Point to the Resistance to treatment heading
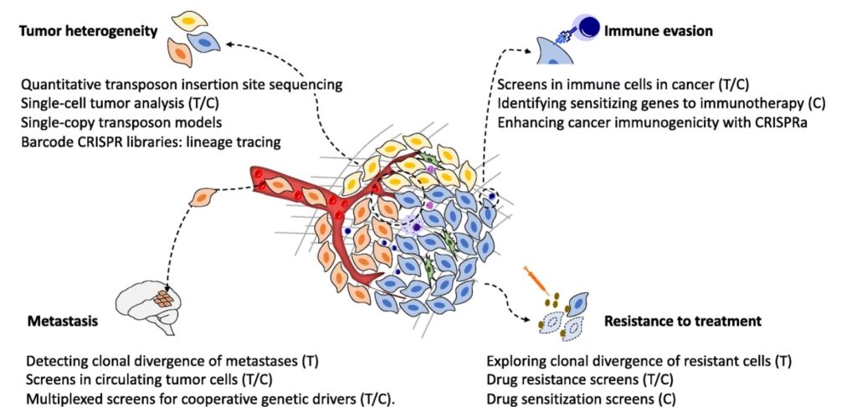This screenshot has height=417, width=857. (682, 321)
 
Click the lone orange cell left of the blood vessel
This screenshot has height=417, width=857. (203, 198)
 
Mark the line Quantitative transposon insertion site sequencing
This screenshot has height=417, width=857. (182, 85)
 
